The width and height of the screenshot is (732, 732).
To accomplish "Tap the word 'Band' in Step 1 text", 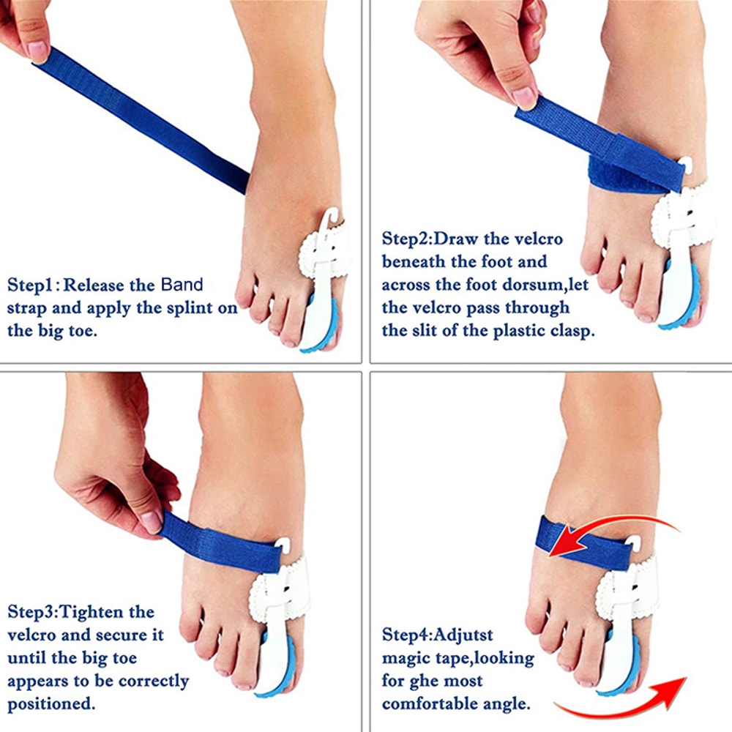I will (x=182, y=284).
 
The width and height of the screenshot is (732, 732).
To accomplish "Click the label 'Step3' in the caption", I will (x=31, y=611).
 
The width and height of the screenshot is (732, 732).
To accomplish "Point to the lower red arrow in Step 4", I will (x=622, y=703).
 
